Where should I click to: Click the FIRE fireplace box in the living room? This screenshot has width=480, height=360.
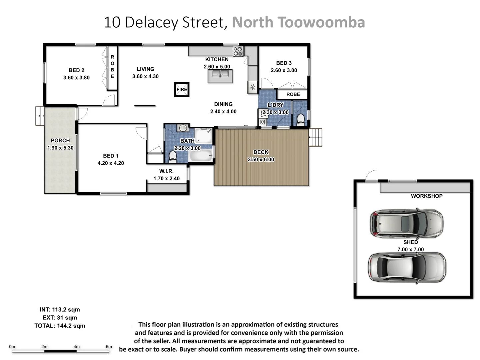coord(182,89)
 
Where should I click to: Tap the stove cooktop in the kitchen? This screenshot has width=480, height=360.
coord(238,51)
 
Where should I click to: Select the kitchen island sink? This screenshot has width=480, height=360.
coord(220,76)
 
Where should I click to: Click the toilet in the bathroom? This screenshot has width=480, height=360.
coord(173,156)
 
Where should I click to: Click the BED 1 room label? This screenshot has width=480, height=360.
coord(110,156)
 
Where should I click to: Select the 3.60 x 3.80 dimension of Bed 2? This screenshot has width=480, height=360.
coord(76,78)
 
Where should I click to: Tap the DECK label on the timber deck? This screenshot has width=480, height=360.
coord(261,152)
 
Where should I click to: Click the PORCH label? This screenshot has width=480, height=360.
coord(60,140)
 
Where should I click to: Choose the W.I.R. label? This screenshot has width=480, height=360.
coord(166,171)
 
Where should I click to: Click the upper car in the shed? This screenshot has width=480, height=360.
coord(406,223)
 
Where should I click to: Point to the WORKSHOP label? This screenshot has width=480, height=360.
coord(426,196)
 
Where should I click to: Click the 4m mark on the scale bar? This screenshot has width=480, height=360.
coord(76,347)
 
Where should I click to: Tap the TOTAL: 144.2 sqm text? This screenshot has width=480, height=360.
coord(60,326)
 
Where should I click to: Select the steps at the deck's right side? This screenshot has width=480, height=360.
coord(315,137)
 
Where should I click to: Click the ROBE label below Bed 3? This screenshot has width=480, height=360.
coord(293,94)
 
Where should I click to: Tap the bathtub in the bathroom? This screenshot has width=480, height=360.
coord(201,155)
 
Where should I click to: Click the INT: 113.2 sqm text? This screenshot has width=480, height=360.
coord(60,309)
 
